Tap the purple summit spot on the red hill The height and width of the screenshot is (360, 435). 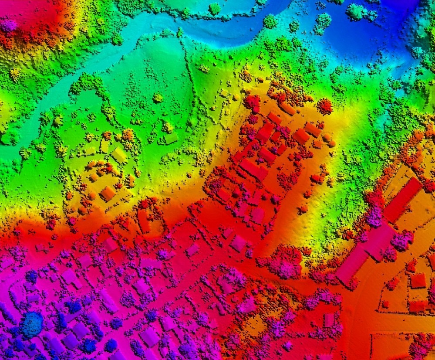tap(9, 25)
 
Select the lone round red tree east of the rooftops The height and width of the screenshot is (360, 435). tap(324, 106)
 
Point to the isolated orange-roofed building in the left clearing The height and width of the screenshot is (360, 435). tap(108, 193)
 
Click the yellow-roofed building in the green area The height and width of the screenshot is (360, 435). tap(118, 155)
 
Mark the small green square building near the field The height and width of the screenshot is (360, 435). tap(171, 138)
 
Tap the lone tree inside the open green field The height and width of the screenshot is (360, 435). tap(158, 98)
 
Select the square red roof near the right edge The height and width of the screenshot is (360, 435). tap(418, 280)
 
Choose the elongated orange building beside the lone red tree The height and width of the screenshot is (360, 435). tap(287, 108)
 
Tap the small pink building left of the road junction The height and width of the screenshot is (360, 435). tap(329, 320)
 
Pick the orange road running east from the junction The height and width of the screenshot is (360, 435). tap(405, 325)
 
